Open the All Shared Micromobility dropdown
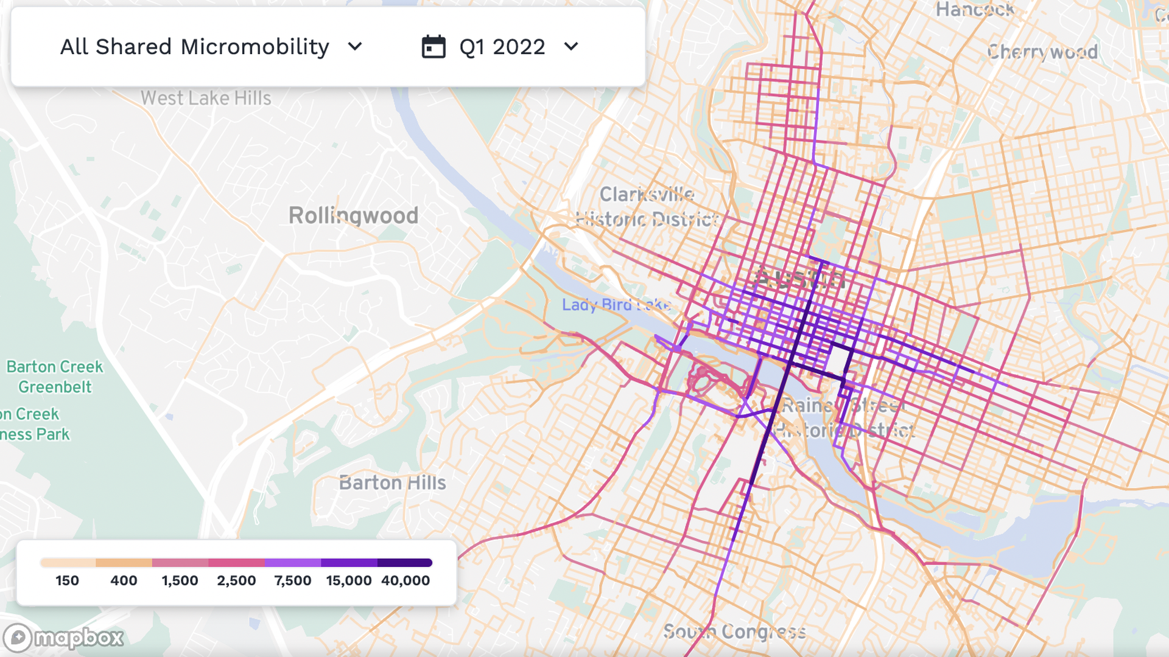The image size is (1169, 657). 211,47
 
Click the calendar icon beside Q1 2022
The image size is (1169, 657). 434,47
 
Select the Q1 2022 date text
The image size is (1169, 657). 502,47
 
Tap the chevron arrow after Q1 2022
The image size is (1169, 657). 571,47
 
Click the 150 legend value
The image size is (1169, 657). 67,581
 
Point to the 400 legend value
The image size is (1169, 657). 124,581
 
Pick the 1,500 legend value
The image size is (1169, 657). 180,581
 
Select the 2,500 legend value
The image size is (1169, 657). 236,581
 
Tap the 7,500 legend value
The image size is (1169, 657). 293,581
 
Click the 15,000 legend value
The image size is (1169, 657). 349,581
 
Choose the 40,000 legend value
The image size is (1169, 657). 405,581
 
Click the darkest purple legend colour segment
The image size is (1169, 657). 404,563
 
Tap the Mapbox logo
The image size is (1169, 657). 63,638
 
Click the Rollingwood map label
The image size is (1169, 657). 353,215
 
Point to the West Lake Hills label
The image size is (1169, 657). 206,98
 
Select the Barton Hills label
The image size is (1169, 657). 393,483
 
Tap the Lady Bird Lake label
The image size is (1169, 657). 616,305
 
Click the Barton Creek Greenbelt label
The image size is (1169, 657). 55,377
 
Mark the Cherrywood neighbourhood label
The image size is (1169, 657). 1042,52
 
